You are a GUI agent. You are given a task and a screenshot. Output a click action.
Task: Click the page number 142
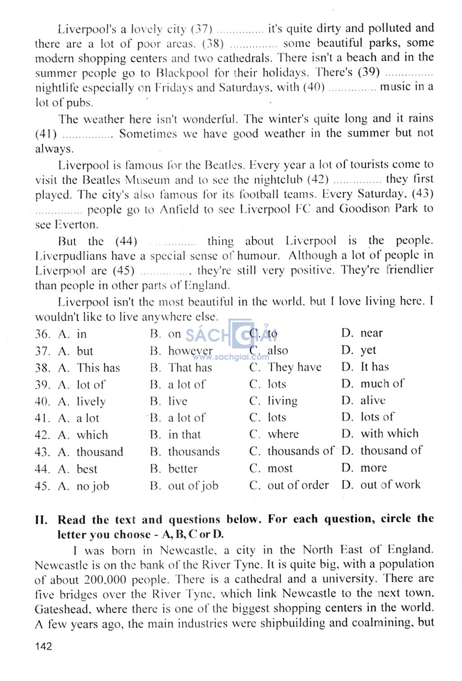click(43, 646)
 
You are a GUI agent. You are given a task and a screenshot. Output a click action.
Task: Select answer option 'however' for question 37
click(190, 351)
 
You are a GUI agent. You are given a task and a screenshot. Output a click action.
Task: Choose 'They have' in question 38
click(294, 367)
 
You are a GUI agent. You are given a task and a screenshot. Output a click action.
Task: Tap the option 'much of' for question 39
click(382, 384)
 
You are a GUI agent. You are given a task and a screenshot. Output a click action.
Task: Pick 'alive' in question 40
click(373, 400)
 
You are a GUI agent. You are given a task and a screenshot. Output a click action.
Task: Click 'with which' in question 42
click(389, 434)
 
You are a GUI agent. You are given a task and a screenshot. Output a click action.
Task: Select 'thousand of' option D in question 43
click(391, 450)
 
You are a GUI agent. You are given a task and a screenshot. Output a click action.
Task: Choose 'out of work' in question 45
click(390, 485)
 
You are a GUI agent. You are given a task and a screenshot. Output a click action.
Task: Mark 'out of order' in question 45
click(298, 485)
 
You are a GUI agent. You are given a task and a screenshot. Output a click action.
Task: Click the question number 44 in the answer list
click(42, 469)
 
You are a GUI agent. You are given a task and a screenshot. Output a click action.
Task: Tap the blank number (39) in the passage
click(369, 72)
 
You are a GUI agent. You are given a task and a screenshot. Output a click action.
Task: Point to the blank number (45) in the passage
click(124, 271)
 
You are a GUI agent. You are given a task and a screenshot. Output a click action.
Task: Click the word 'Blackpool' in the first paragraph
click(182, 73)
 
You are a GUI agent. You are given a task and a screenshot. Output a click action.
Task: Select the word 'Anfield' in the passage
click(179, 210)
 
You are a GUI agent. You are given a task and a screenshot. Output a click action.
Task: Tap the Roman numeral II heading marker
click(41, 519)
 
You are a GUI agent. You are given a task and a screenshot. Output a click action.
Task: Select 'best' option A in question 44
click(87, 469)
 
